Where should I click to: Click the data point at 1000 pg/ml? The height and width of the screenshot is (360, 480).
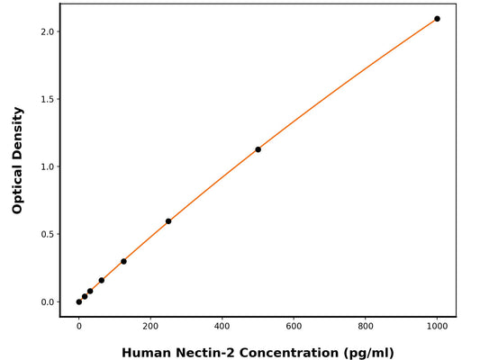click(x=437, y=19)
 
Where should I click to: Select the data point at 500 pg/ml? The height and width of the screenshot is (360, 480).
click(x=258, y=149)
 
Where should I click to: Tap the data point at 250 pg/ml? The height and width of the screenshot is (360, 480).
click(x=168, y=221)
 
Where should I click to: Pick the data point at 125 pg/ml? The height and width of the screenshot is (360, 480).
click(x=123, y=261)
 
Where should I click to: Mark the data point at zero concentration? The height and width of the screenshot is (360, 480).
click(x=79, y=301)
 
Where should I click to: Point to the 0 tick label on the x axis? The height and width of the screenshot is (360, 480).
click(x=79, y=328)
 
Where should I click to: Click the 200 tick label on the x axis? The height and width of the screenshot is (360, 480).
click(x=150, y=328)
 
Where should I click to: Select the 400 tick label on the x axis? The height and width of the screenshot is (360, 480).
click(x=222, y=328)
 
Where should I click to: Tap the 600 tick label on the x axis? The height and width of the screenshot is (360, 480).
click(x=294, y=328)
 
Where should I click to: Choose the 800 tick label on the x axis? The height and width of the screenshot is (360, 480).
click(x=366, y=328)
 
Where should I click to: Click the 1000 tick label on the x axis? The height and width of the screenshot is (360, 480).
click(x=437, y=328)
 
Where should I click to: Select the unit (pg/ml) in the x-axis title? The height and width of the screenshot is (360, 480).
click(x=365, y=352)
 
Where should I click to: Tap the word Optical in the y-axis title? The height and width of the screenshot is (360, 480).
click(x=17, y=184)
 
